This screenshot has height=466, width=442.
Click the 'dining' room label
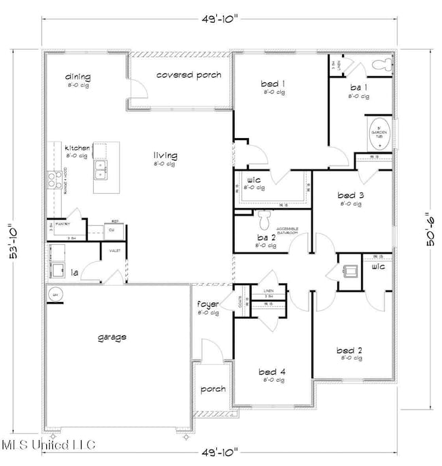[x=78, y=77]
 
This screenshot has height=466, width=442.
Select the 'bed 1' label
[x=273, y=84]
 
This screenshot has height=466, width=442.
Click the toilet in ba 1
[x=384, y=65]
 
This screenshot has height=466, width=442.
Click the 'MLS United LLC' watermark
[x=48, y=446]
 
